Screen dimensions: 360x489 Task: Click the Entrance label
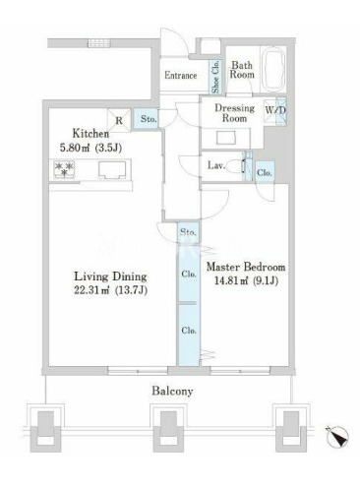[x=180, y=76]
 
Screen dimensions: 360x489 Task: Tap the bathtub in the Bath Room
[x=273, y=70]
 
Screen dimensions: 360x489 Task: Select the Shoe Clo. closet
[x=215, y=77]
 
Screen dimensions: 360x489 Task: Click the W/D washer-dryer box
[x=275, y=110]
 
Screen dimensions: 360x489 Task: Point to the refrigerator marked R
[x=119, y=120]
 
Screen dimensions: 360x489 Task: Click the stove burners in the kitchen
[x=64, y=169]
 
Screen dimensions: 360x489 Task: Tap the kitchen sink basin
[x=112, y=170]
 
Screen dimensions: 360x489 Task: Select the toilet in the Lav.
[x=235, y=166]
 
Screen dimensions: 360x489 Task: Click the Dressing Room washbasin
[x=226, y=138]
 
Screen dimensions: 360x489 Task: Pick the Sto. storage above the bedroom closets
[x=188, y=232]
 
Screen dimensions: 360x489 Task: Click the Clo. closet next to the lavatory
[x=265, y=172]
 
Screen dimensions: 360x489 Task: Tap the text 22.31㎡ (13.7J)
[x=110, y=290]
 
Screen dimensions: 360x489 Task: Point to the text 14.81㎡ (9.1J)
[x=246, y=280]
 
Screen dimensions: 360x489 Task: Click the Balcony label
[x=172, y=391]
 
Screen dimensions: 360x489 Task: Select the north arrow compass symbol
[x=337, y=437]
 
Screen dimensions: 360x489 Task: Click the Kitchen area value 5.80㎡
[x=75, y=148]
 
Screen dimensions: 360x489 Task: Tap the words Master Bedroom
[x=246, y=267]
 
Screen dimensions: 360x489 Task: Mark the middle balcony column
[x=168, y=427]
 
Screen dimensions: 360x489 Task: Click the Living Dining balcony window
[x=138, y=371]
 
